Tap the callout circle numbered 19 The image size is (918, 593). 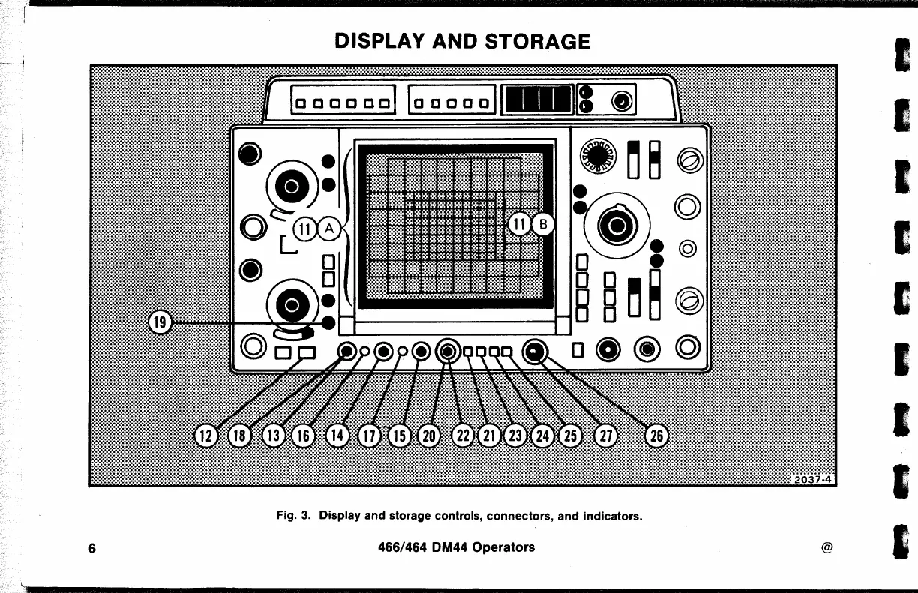159,323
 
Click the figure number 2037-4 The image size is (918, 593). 814,480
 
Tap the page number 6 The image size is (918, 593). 91,547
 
